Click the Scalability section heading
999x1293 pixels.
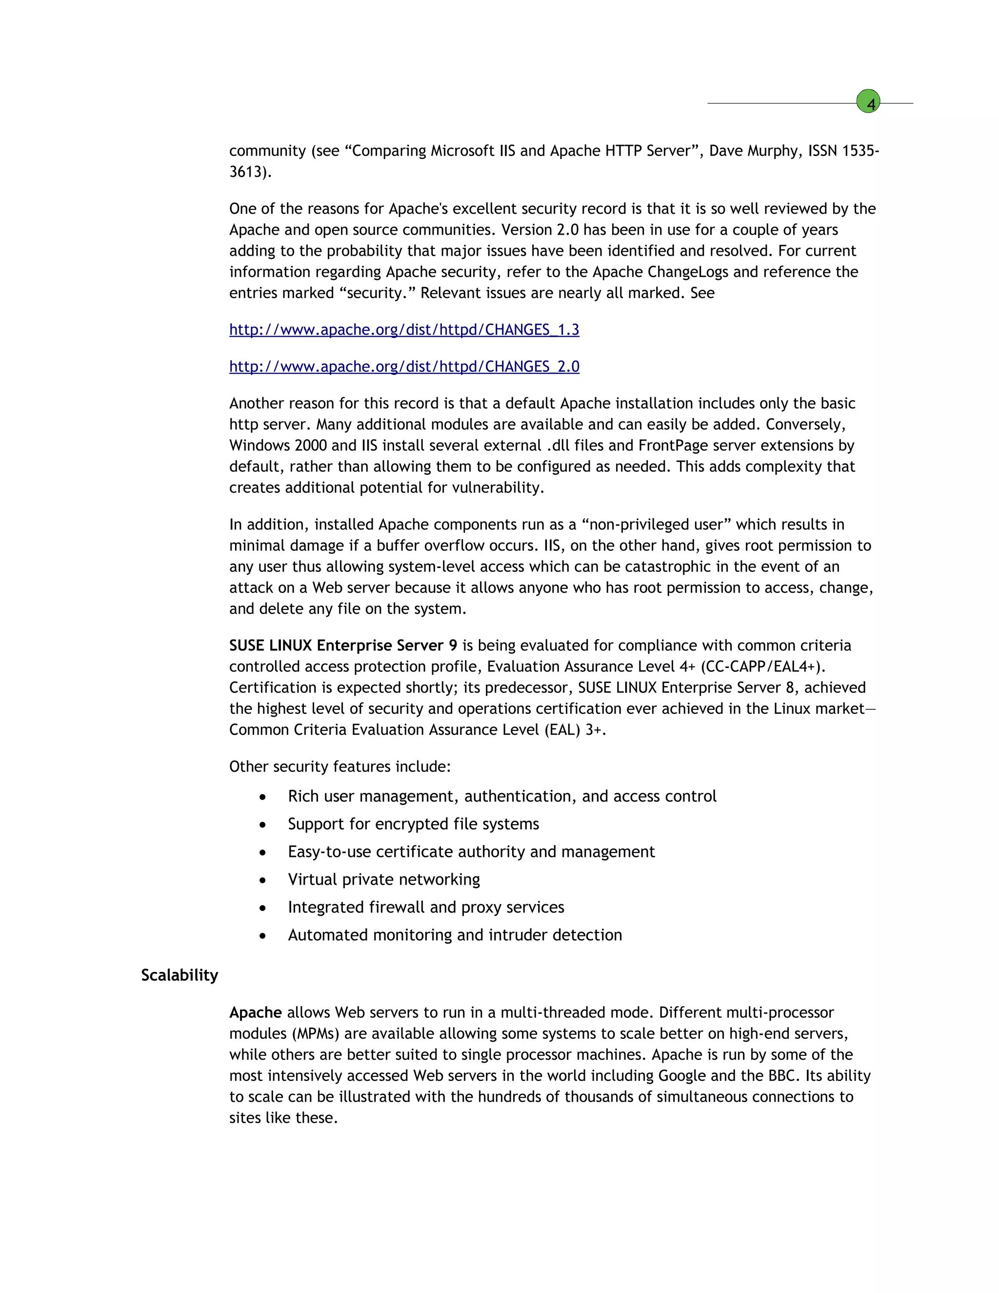coord(180,975)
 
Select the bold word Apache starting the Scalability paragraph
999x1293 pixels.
coord(255,1012)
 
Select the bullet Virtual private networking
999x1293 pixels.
coord(383,880)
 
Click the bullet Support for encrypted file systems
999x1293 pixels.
coord(413,824)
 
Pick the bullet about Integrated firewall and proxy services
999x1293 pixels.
coord(425,908)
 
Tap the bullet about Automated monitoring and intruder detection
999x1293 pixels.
coord(455,935)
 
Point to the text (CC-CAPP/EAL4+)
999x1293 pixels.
coord(763,667)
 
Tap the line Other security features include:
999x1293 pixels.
coord(340,767)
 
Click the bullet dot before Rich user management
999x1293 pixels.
coord(262,797)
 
